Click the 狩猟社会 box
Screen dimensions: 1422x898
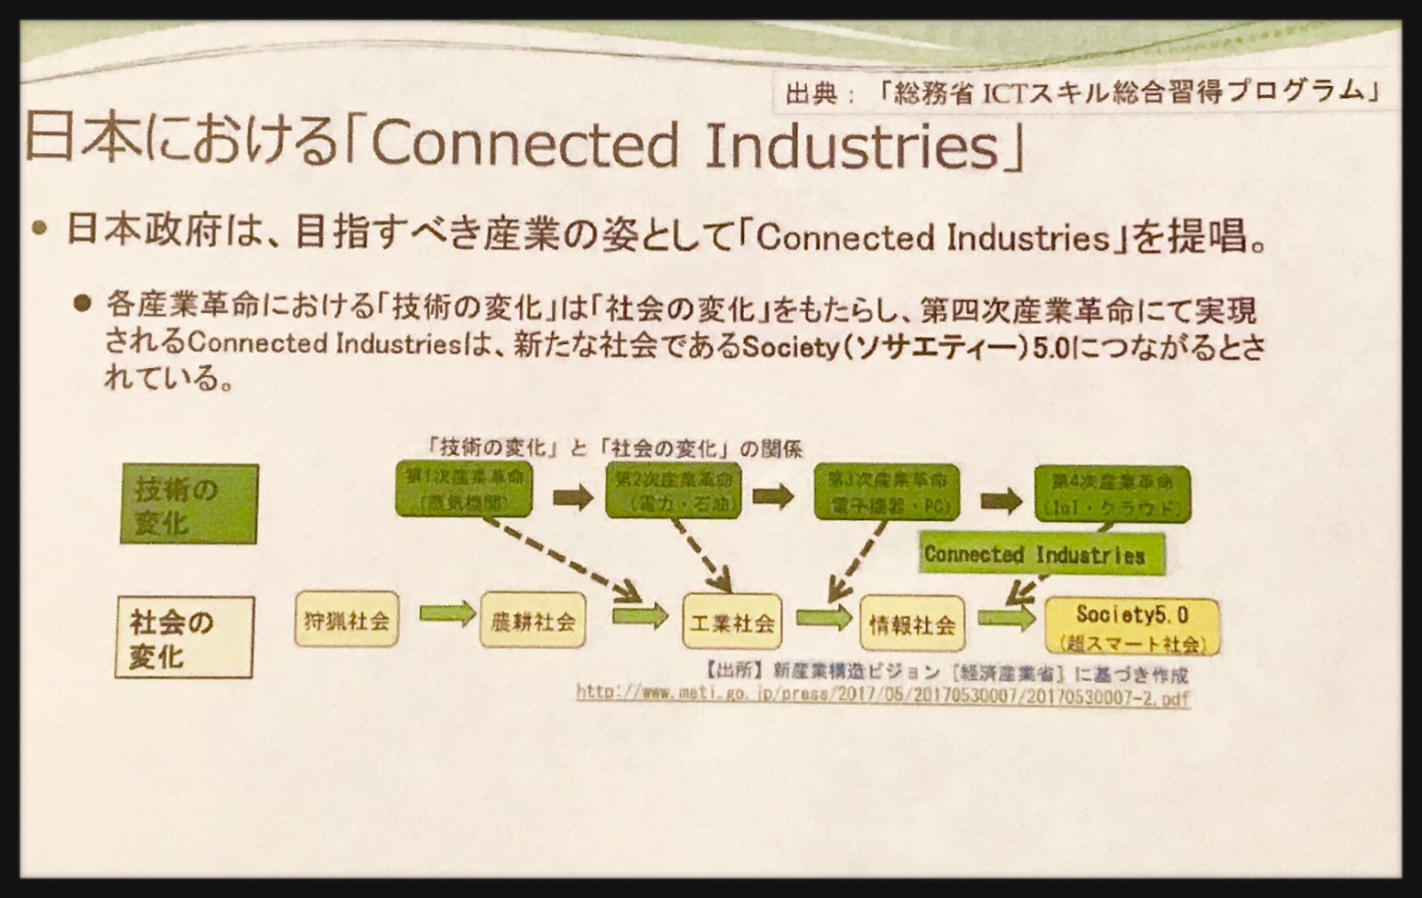[347, 620]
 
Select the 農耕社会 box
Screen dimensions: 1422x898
[532, 620]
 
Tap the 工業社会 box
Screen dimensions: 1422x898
[731, 621]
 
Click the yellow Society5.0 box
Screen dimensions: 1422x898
[1131, 626]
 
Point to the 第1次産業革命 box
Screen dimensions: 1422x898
[464, 489]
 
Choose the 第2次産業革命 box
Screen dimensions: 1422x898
[673, 490]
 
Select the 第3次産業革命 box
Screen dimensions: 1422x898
[887, 492]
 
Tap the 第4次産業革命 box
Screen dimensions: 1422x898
[1112, 493]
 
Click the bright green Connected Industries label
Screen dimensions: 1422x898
[1040, 554]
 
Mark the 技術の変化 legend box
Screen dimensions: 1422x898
[188, 504]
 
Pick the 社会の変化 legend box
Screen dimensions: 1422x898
[184, 637]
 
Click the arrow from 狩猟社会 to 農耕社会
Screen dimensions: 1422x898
[447, 613]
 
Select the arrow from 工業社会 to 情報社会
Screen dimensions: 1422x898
[823, 616]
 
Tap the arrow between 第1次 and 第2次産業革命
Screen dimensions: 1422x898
[572, 496]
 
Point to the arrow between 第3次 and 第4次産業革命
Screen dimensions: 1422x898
[1001, 501]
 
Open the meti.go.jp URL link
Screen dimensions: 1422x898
[882, 695]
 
